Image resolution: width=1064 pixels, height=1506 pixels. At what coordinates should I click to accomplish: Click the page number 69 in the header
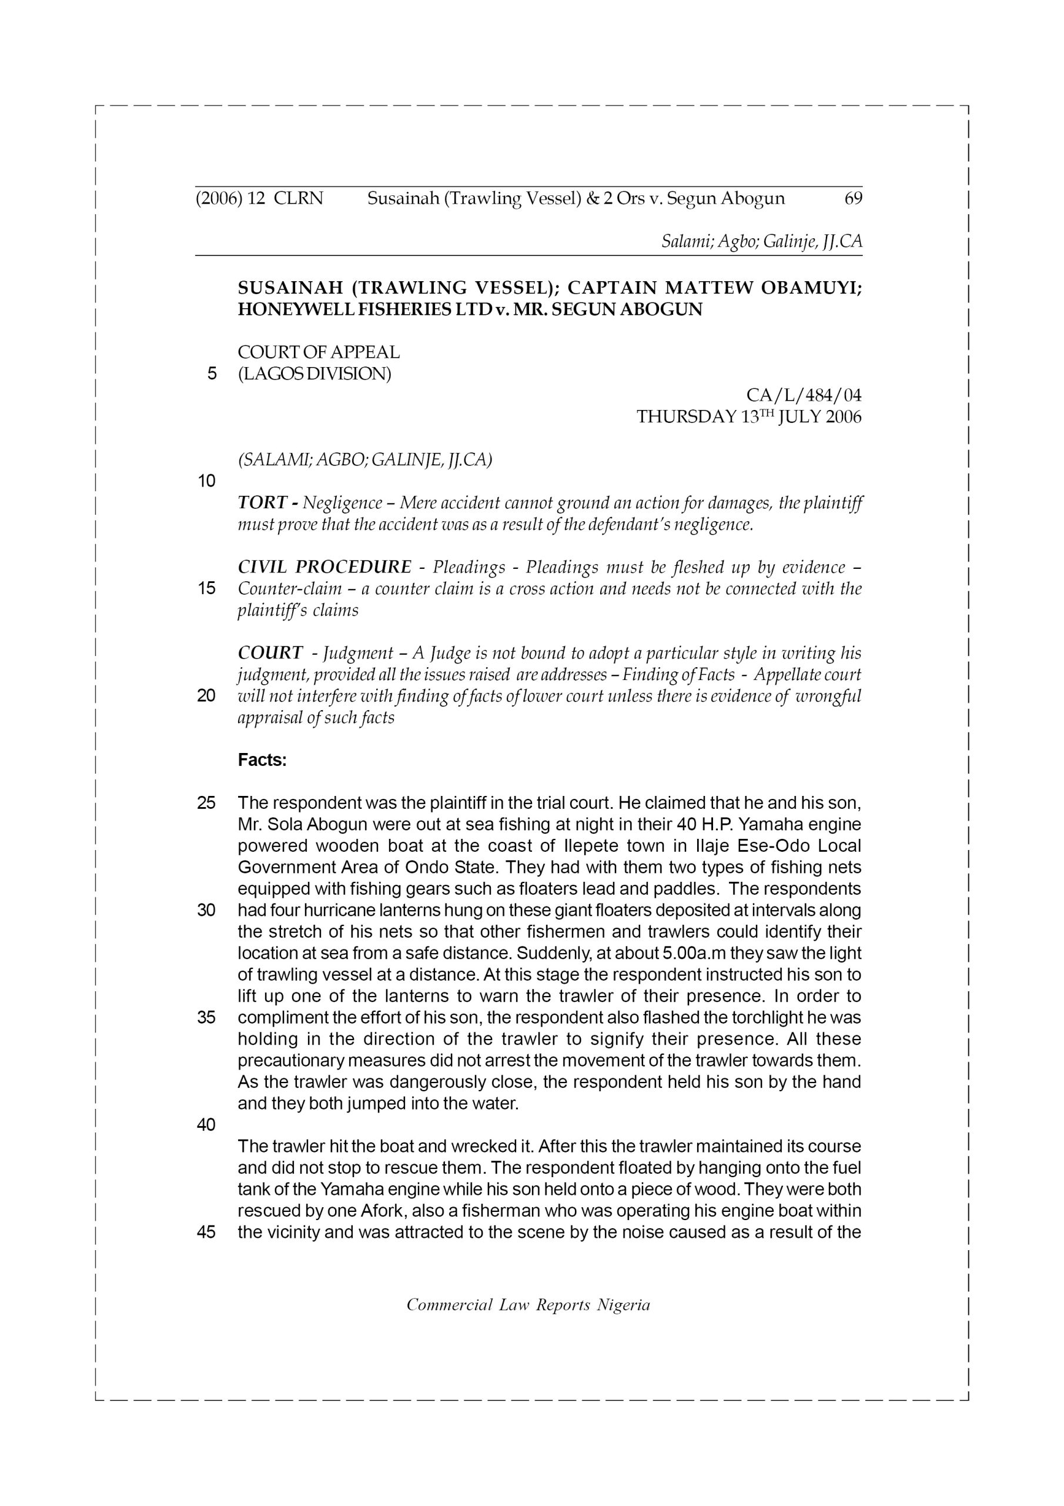coord(853,198)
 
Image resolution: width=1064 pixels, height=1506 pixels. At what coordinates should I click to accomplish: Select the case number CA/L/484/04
coord(804,395)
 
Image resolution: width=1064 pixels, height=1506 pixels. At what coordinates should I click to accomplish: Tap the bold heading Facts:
coord(262,760)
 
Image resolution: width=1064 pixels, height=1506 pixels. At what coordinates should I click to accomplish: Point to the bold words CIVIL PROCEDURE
coord(324,567)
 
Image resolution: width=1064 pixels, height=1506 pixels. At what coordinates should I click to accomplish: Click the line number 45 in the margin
coord(206,1232)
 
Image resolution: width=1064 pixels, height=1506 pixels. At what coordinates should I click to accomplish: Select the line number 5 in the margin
coord(211,374)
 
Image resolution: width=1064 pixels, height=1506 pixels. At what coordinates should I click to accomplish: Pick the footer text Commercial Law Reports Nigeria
coord(528,1305)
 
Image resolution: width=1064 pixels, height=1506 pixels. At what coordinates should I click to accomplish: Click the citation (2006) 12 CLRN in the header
coord(259,198)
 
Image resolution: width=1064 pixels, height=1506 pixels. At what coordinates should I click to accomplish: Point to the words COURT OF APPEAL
coord(319,352)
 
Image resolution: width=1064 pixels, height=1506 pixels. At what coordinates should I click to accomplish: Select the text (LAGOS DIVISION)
coord(314,374)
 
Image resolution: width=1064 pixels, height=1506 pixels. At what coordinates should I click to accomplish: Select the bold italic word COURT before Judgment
coord(269,652)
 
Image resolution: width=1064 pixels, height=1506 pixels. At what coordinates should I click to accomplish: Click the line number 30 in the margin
coord(206,911)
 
